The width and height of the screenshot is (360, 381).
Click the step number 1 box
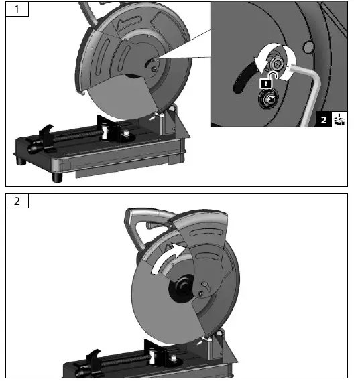(x=17, y=10)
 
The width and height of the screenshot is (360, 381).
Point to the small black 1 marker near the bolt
(x=266, y=82)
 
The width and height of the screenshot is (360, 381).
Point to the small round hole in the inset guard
(x=308, y=47)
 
